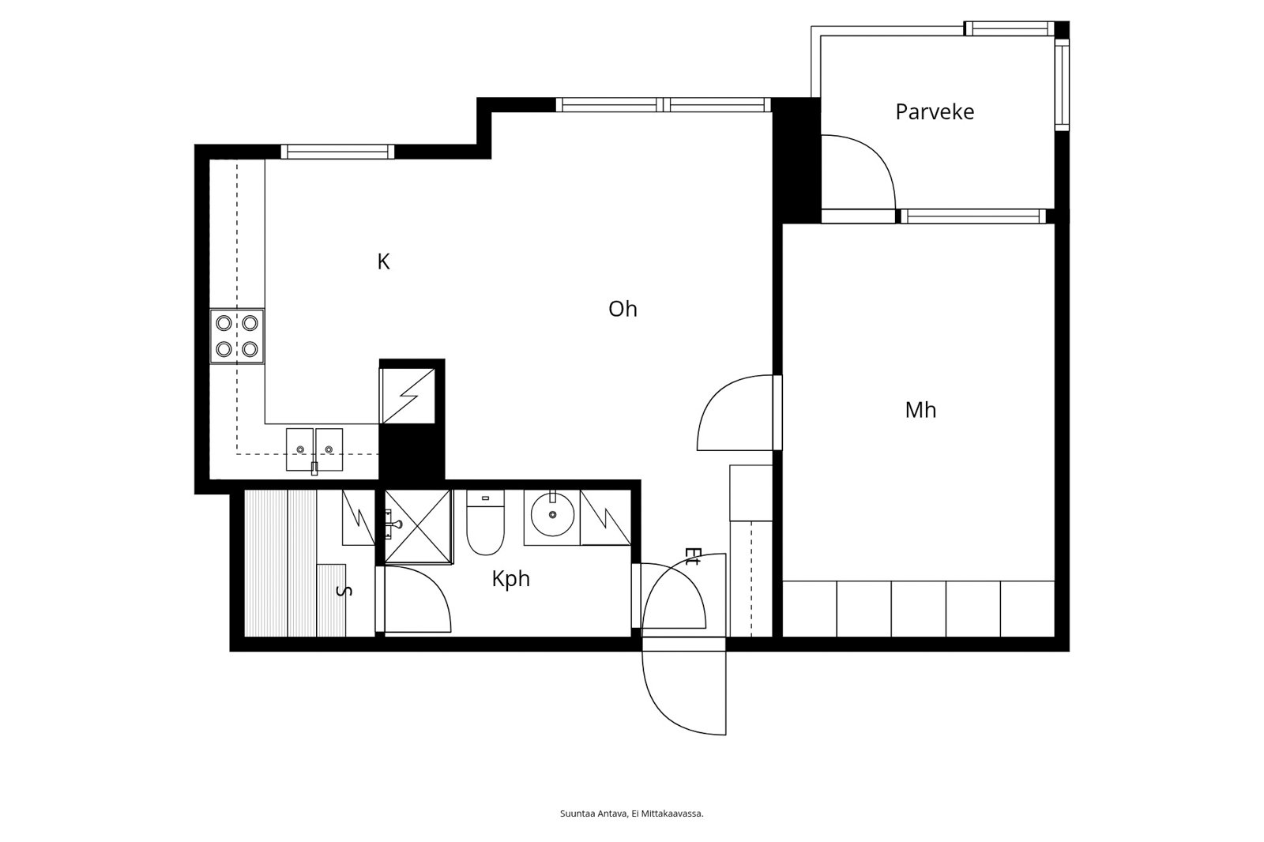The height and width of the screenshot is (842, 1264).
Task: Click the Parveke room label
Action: point(935,111)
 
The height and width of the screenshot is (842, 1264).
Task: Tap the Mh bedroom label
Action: point(920,410)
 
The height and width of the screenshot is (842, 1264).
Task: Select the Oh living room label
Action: point(623,309)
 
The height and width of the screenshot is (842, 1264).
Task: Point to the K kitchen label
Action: point(383,261)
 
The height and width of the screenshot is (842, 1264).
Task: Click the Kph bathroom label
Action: point(510,579)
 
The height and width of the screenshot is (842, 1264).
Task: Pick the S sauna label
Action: point(344,591)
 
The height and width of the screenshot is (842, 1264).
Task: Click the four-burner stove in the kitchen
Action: point(237,336)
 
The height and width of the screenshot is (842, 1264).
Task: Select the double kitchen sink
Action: point(314,449)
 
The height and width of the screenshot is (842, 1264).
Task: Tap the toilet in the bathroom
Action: point(485,523)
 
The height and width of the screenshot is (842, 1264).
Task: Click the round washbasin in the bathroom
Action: point(552,514)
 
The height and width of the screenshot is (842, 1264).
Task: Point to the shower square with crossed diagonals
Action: point(418,527)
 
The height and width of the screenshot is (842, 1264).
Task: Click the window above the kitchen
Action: point(337,152)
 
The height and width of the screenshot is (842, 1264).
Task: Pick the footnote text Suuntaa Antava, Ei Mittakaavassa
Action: point(631,814)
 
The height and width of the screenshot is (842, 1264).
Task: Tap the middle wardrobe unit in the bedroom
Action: point(918,608)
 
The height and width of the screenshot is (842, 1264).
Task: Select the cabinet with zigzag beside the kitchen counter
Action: point(408,396)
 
